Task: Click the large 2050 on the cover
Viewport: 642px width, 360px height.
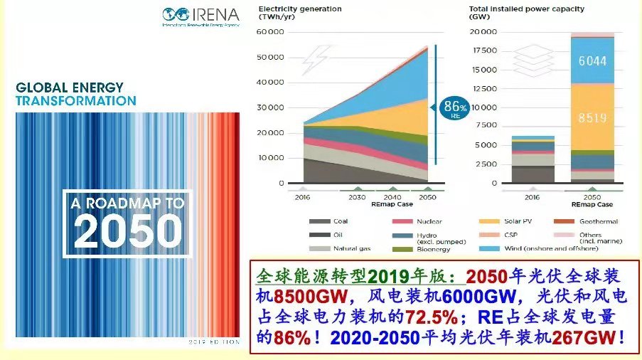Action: (x=125, y=229)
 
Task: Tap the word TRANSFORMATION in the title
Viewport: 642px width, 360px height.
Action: (x=76, y=101)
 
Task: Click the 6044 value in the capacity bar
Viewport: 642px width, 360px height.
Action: (x=592, y=61)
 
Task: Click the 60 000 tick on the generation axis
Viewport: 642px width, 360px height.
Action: (x=270, y=32)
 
